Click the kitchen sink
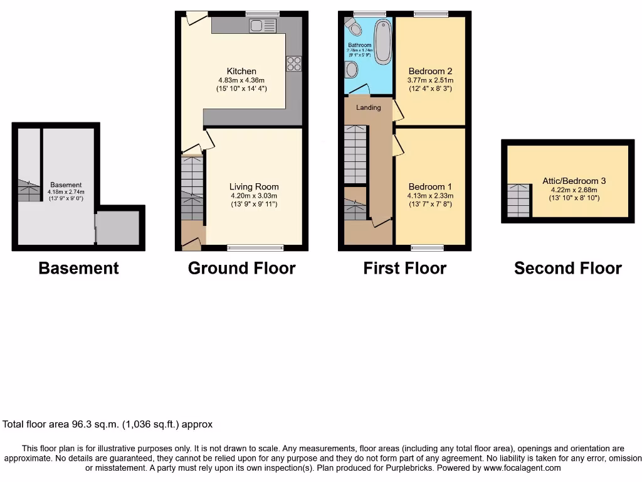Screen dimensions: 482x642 [262, 26]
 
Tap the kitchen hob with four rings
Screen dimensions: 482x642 [293, 64]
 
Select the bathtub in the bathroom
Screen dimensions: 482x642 [382, 41]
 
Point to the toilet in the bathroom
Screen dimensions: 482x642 [353, 27]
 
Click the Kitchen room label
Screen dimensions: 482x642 [241, 72]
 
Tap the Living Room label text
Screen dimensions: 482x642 [254, 186]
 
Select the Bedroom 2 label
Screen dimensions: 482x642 [430, 72]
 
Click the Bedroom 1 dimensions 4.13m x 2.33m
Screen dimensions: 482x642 [430, 196]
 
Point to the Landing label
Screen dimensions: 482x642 [369, 107]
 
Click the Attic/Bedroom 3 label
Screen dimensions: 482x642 [574, 181]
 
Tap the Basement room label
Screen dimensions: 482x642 [66, 185]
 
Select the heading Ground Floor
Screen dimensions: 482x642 [241, 269]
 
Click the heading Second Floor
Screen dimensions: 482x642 [567, 269]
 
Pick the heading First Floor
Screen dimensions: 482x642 [404, 269]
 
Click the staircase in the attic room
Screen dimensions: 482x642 [518, 201]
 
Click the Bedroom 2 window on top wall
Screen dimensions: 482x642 [430, 14]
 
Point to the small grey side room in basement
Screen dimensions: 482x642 [118, 228]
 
